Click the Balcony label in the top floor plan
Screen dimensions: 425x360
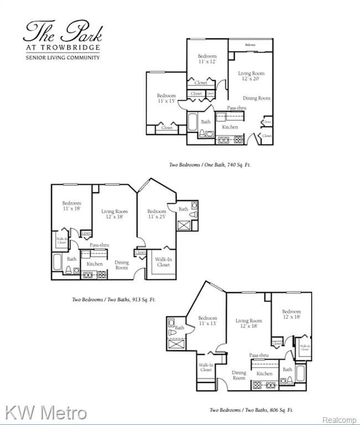point(251,44)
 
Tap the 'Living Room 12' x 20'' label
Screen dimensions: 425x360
point(251,76)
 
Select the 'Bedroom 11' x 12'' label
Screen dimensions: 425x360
point(207,59)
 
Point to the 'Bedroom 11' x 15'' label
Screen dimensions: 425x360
point(166,98)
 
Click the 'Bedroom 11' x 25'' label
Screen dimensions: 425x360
point(157,214)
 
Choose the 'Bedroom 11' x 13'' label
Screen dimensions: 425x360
point(208,321)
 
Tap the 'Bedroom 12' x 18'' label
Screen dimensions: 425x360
point(291,315)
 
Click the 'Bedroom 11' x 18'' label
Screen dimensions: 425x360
point(71,206)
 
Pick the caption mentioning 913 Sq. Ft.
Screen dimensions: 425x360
point(114,299)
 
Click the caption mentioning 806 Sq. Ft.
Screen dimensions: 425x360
point(251,410)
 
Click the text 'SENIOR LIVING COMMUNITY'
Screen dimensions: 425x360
point(63,58)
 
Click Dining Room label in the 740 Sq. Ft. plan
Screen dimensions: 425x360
point(256,98)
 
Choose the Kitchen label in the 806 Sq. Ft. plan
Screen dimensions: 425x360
point(264,373)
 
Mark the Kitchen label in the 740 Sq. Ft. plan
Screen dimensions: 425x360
point(230,127)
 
